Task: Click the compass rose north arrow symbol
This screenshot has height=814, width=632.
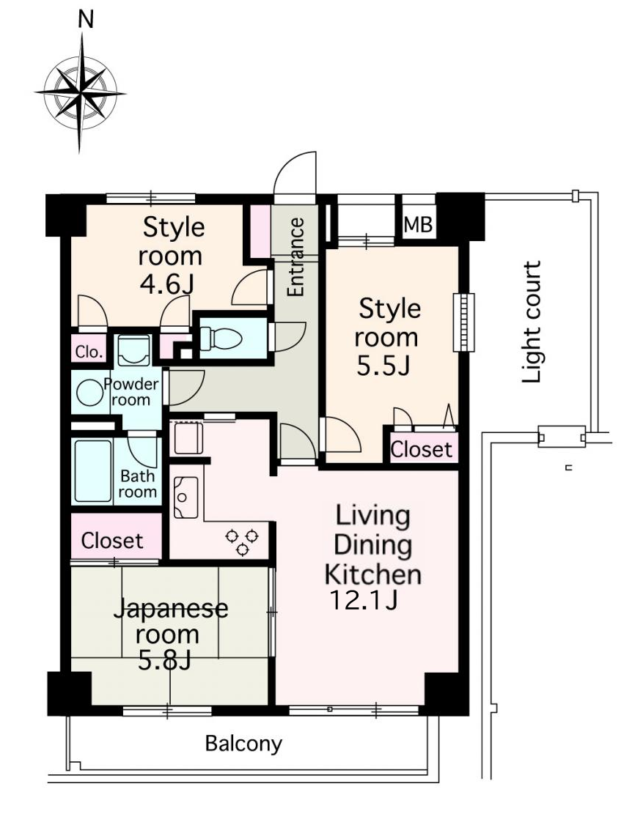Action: click(80, 93)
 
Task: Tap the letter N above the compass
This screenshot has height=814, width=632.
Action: click(86, 20)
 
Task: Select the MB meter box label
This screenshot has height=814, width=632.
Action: click(418, 225)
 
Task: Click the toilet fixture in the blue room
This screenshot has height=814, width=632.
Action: click(221, 338)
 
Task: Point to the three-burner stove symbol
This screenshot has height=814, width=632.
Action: click(242, 541)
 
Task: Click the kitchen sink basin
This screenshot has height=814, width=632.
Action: click(185, 497)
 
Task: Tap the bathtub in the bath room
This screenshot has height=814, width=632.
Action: click(93, 471)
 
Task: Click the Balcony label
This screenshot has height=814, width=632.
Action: click(243, 744)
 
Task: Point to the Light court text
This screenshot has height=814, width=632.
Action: click(532, 322)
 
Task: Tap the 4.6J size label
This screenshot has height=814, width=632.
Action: click(167, 284)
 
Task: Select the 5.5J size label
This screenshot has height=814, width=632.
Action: click(383, 366)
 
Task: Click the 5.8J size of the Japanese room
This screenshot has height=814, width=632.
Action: click(165, 661)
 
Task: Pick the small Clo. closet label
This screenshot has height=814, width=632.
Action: click(89, 352)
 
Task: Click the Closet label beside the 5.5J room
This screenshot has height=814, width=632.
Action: click(421, 449)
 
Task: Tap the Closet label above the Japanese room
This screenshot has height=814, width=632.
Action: click(112, 541)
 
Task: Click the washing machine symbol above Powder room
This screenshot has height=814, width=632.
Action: click(133, 350)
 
